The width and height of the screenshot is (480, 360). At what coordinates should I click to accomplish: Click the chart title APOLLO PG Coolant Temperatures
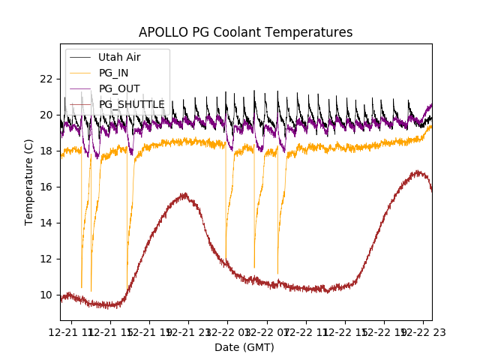tap(245, 32)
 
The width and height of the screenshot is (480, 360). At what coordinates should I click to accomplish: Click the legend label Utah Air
tap(119, 57)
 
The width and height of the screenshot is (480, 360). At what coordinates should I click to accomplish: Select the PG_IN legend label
tap(113, 73)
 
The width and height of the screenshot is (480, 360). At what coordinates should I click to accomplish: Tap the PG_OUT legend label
tap(117, 88)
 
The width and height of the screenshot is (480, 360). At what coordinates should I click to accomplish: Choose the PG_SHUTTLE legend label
tap(131, 104)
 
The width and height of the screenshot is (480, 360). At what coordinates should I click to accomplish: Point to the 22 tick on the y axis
tap(46, 79)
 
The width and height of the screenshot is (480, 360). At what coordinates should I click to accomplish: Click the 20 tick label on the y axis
tap(46, 115)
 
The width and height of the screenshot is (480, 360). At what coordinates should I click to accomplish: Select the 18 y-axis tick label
tap(46, 151)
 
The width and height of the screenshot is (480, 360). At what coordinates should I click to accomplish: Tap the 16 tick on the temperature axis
tap(46, 187)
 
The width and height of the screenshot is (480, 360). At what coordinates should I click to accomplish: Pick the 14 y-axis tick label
tap(46, 223)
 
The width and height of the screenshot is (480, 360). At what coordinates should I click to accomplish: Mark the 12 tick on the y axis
tap(46, 259)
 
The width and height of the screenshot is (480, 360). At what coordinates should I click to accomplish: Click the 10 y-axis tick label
tap(46, 295)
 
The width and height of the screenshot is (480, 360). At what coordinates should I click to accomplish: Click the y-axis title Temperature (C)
tap(29, 181)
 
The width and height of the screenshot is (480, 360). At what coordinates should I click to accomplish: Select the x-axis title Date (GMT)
tap(244, 347)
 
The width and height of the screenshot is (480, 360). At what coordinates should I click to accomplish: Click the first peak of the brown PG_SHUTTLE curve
tap(184, 195)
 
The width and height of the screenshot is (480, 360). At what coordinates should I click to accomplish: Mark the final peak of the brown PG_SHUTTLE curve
tap(418, 172)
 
